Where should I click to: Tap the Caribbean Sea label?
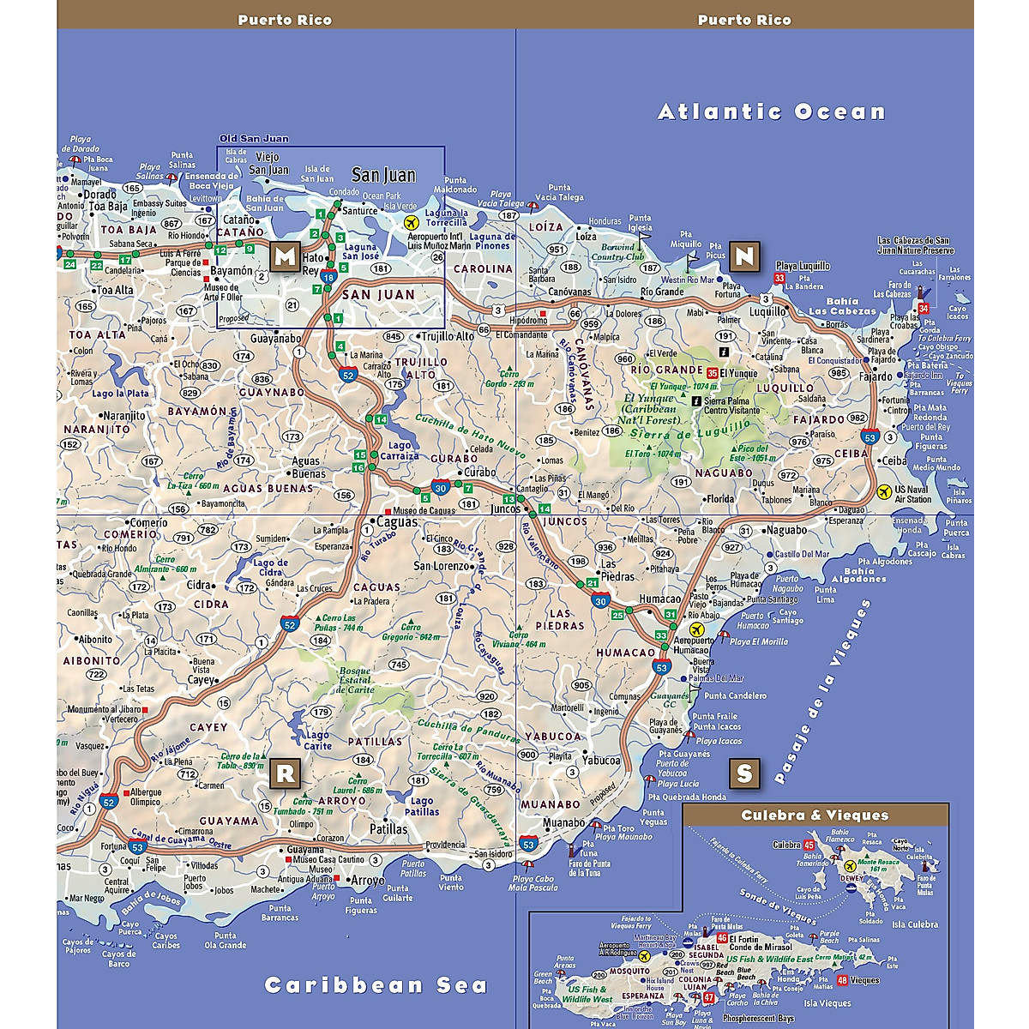(x=376, y=985)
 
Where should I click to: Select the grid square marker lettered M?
(x=285, y=256)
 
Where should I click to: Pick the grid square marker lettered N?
(x=744, y=256)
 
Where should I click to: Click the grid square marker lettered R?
(x=285, y=773)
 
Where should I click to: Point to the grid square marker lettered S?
(x=743, y=773)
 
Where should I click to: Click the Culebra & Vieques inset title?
(x=815, y=815)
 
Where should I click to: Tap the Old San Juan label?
(x=254, y=139)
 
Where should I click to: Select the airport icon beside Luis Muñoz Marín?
(x=412, y=223)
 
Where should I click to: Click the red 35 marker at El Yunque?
(x=712, y=373)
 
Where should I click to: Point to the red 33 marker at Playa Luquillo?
(x=779, y=279)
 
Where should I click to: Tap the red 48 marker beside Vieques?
(x=843, y=980)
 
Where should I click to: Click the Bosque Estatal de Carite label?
(x=355, y=680)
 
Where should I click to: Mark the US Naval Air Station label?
(x=912, y=495)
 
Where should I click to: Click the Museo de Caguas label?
(x=424, y=511)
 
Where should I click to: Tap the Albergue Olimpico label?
(x=146, y=797)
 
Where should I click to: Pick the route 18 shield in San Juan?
(x=328, y=277)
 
